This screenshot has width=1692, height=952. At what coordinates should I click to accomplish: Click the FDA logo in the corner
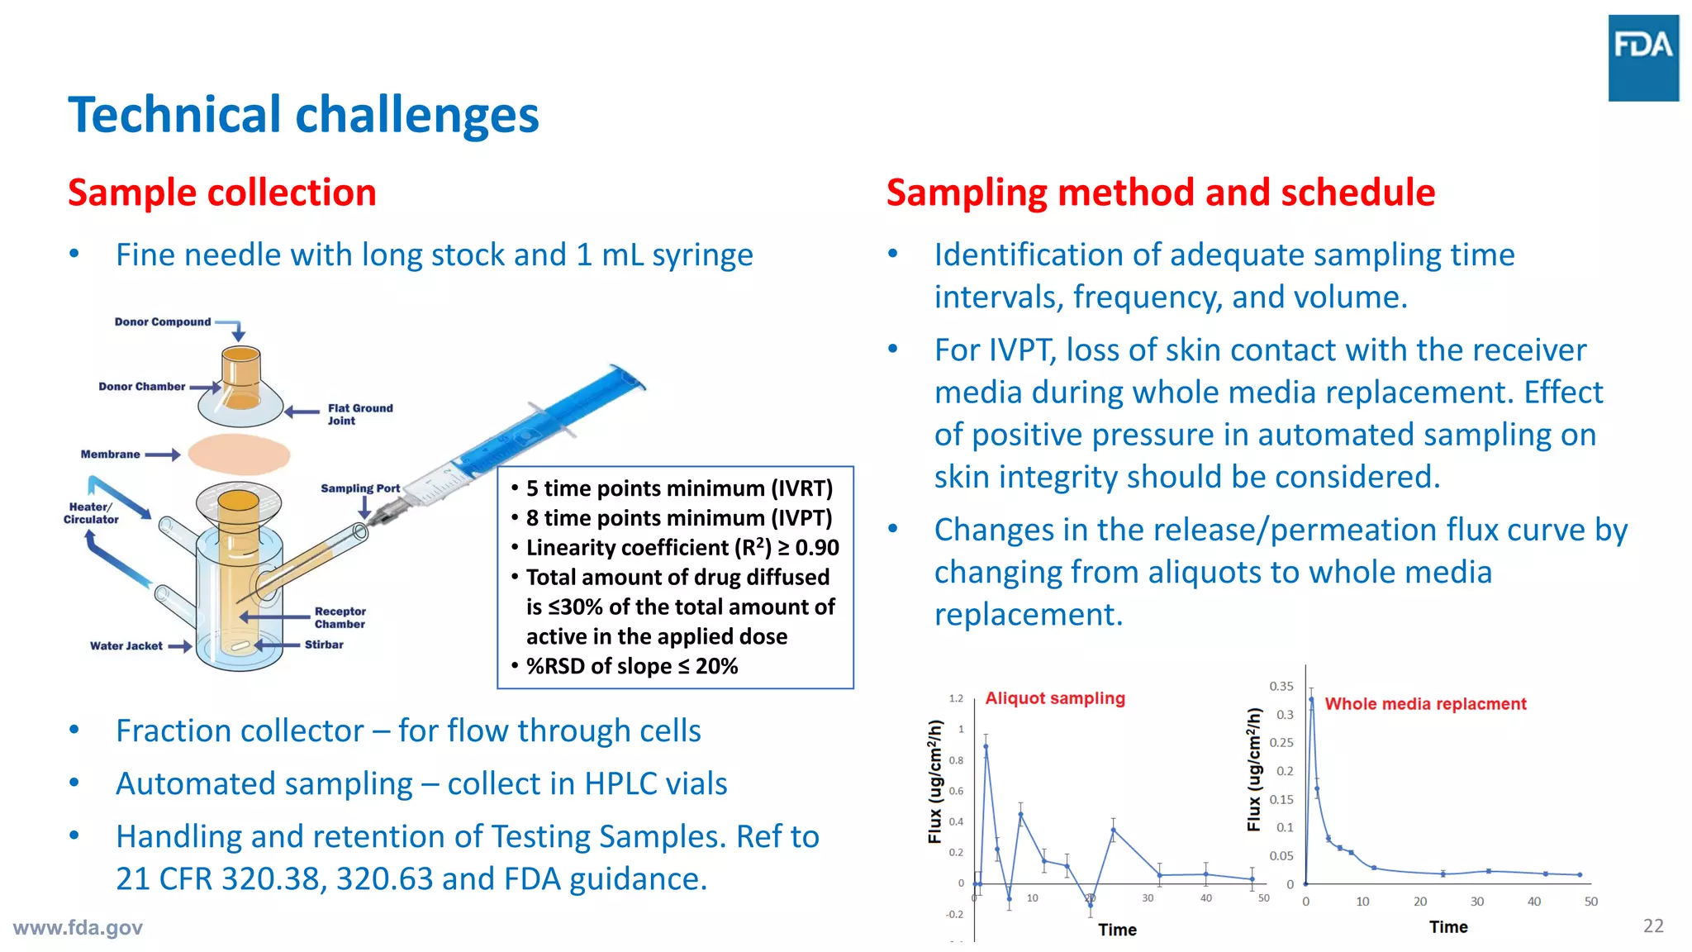[1642, 58]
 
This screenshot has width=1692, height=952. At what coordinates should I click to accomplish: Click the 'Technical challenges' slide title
[303, 115]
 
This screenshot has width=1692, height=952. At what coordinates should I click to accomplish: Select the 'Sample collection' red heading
[221, 193]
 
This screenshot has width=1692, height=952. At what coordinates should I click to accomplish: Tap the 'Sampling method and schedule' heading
[1160, 193]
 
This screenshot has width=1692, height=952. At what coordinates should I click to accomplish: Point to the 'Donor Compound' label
[162, 322]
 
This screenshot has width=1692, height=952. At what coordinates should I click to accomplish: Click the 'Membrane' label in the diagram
[110, 455]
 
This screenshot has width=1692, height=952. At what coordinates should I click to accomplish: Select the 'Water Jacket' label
[126, 646]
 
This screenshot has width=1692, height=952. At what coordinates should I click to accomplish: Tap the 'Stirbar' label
[324, 645]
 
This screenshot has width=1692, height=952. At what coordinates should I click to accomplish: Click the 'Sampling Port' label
[359, 488]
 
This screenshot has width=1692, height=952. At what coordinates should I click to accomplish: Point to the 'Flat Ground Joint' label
[359, 414]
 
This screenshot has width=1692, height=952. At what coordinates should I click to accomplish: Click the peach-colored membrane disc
[239, 454]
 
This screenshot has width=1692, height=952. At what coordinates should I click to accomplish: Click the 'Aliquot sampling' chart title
[1054, 698]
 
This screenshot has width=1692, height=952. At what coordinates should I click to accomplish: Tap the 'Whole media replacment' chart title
[1425, 704]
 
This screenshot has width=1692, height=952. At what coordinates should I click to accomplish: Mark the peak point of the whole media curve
[1311, 700]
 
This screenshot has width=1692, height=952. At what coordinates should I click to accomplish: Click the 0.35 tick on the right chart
[1281, 687]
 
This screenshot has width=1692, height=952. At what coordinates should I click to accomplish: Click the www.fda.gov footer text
[78, 928]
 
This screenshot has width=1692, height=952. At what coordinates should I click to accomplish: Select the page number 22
[1653, 926]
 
